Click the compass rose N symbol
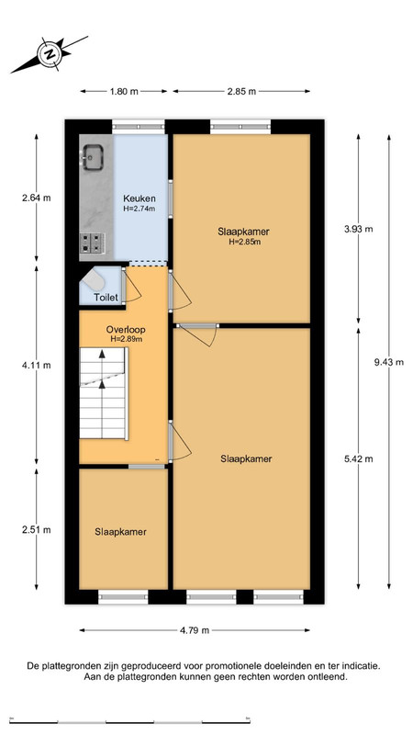(50, 54)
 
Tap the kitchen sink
(94, 156)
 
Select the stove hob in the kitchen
(92, 243)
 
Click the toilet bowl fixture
(93, 280)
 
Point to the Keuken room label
(140, 198)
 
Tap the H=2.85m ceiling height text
(245, 242)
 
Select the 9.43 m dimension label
(388, 362)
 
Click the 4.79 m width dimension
(195, 630)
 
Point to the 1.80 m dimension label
(124, 91)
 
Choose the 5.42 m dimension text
(358, 458)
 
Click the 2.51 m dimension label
(36, 530)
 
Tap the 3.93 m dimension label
(358, 229)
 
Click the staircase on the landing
(104, 393)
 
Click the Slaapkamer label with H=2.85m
(243, 232)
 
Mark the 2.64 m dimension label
(36, 198)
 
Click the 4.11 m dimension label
(36, 366)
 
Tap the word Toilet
(106, 297)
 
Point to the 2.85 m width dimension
(241, 91)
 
